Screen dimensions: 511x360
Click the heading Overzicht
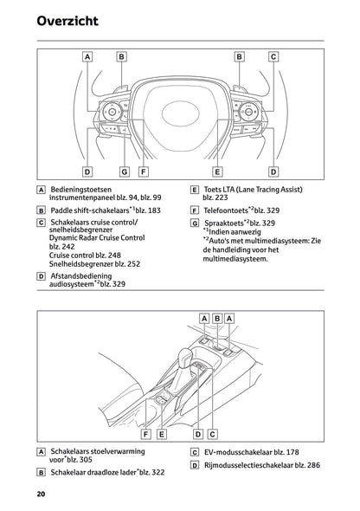pyautogui.click(x=67, y=18)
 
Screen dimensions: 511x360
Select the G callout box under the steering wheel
pyautogui.click(x=125, y=171)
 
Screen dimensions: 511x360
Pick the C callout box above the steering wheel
pyautogui.click(x=273, y=57)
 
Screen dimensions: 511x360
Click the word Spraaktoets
pyautogui.click(x=224, y=223)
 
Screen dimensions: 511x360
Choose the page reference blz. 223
pyautogui.click(x=215, y=197)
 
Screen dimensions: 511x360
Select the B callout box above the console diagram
pyautogui.click(x=217, y=320)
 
